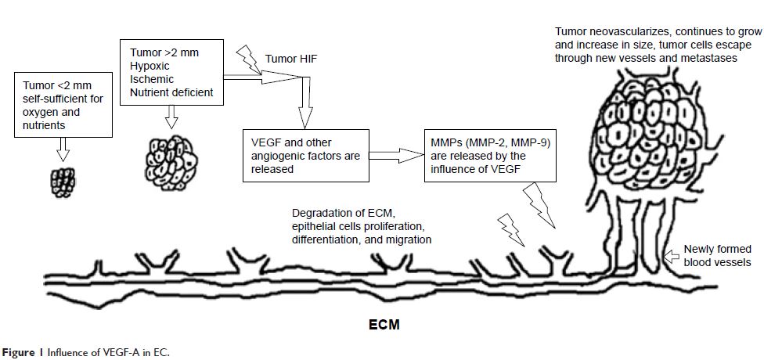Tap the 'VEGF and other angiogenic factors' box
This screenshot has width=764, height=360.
305,155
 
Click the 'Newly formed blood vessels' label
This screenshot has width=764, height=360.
717,255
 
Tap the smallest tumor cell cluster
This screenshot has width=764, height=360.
60,181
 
